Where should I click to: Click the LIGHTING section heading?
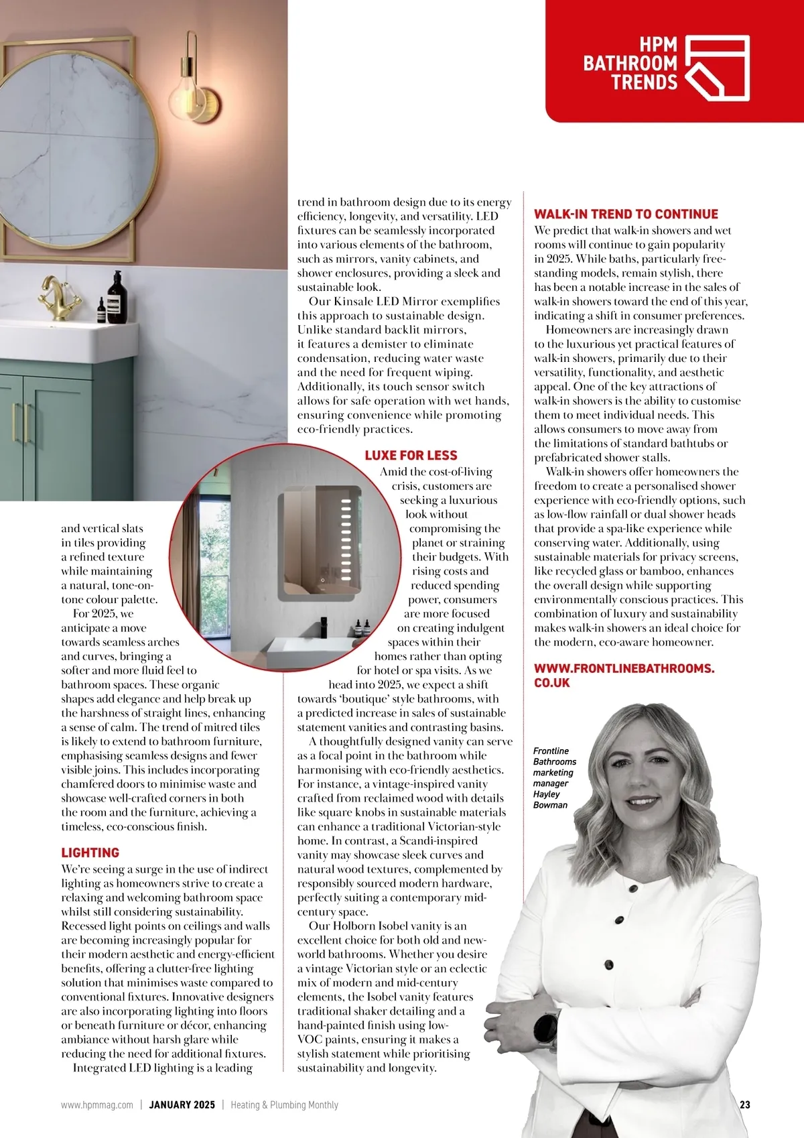coord(90,852)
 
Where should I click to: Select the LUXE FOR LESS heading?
coord(411,455)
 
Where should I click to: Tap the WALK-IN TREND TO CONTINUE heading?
coord(626,214)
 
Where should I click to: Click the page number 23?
coord(744,1104)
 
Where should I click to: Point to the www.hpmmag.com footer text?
coord(97,1104)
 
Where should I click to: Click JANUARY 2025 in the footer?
coord(182,1104)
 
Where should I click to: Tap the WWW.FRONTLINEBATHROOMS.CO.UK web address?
coord(624,676)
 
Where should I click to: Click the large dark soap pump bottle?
coord(117,298)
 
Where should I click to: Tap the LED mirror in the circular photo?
coord(319,543)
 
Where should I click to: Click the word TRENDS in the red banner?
coord(644,82)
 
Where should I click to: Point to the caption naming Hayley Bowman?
coord(554,777)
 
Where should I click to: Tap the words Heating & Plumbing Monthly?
coord(285,1104)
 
